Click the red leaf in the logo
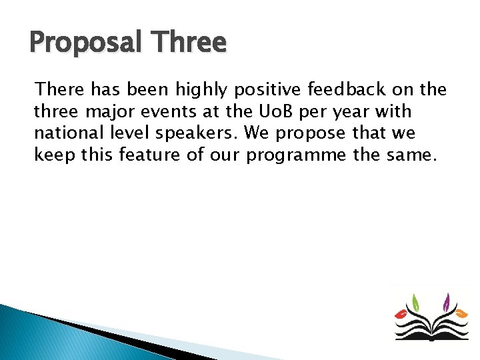click(403, 312)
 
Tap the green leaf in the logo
click(415, 303)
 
